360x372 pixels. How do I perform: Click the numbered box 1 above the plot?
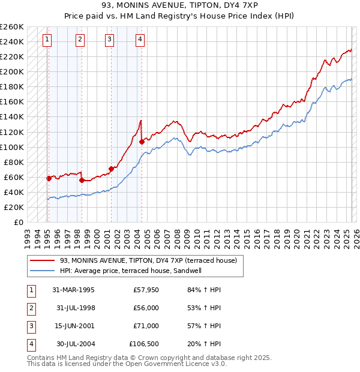coord(47,40)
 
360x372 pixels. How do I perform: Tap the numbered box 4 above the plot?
coord(139,40)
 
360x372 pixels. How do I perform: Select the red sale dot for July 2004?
coord(142,142)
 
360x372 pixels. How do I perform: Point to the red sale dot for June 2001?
coord(111,169)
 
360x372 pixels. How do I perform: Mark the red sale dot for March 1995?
coord(49,178)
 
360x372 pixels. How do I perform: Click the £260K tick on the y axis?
coord(11,27)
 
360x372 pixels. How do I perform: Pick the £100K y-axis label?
coord(11,147)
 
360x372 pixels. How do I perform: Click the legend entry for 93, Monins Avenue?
coord(148,260)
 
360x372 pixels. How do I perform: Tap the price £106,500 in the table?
coord(143,344)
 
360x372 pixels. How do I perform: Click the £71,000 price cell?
coord(146,326)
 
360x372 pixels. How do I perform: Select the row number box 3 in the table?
coord(31,326)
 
